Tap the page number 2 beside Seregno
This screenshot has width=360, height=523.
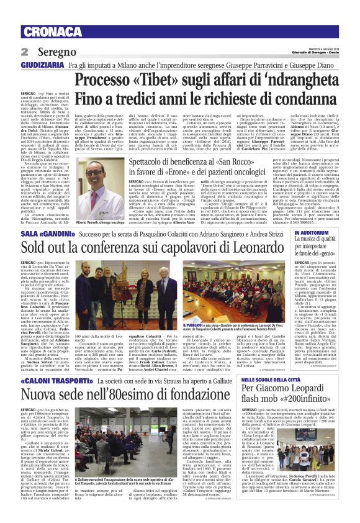click(x=25, y=51)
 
